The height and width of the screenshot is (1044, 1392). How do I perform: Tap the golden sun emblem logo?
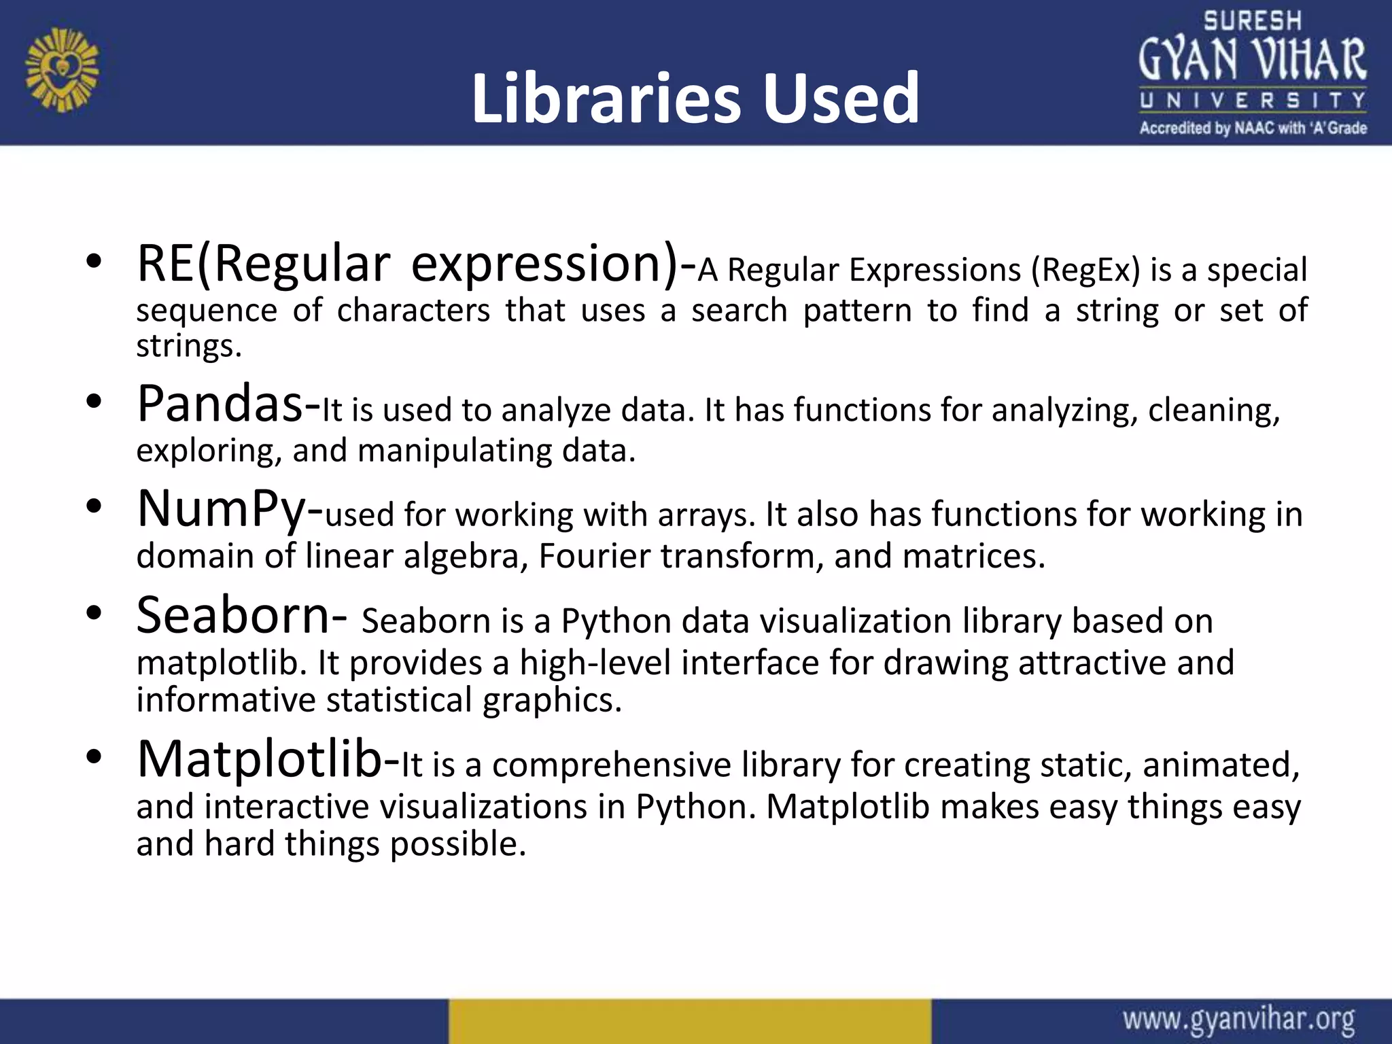pos(62,69)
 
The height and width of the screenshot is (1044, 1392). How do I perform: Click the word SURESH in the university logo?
pos(1252,21)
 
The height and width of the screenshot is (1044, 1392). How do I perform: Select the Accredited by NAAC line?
pos(1253,128)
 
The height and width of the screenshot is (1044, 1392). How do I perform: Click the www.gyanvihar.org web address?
pos(1238,1020)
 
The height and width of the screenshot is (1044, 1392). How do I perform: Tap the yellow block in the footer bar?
pos(689,1021)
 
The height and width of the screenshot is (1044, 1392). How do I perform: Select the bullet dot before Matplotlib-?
pos(94,756)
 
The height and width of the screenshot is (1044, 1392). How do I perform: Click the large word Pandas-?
pos(228,404)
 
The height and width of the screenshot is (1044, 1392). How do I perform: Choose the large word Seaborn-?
pos(242,615)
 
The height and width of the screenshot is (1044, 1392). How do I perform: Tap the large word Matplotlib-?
pos(268,759)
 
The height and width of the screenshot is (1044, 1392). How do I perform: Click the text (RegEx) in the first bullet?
pos(1085,270)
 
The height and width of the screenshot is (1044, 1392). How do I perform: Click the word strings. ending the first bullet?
pos(189,346)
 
